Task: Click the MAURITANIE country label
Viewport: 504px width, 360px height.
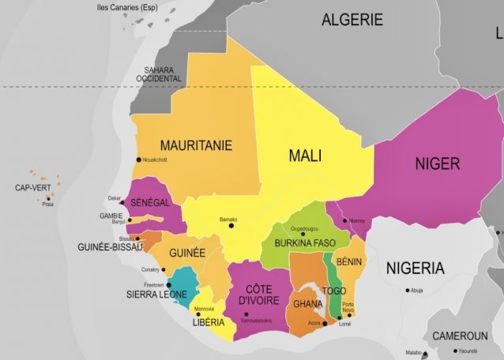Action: [x=196, y=146]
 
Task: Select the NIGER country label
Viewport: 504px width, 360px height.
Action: [x=437, y=164]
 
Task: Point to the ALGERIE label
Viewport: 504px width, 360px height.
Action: [x=352, y=21]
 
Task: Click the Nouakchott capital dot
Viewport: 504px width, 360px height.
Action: [x=139, y=160]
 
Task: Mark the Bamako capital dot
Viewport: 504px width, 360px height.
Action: [x=231, y=227]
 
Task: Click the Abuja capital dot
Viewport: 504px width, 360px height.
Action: [x=408, y=290]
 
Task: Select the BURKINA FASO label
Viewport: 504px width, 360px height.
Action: [x=307, y=243]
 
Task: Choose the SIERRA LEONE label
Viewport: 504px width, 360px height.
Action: [x=156, y=294]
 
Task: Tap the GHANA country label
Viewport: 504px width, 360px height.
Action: [x=307, y=305]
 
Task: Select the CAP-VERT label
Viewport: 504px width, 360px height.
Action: [x=32, y=188]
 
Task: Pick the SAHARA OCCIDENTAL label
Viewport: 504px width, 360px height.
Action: [x=158, y=74]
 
